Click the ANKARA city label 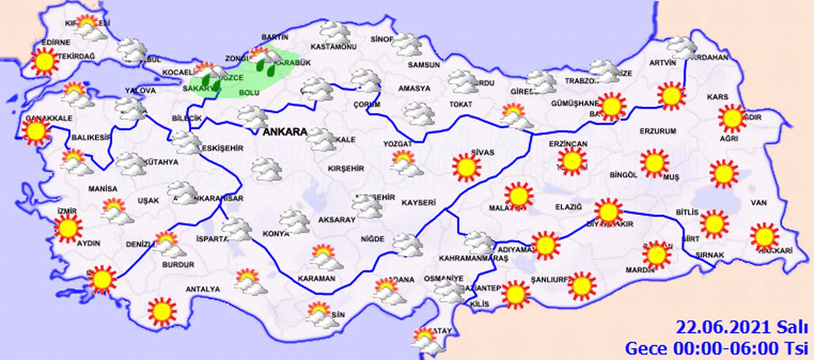pyautogui.click(x=285, y=132)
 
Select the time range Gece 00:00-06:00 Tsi pyautogui.click(x=716, y=348)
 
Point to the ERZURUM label pyautogui.click(x=658, y=131)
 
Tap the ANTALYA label pyautogui.click(x=203, y=290)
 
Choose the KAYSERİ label pyautogui.click(x=419, y=203)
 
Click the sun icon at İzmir pyautogui.click(x=68, y=229)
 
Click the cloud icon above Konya pyautogui.click(x=294, y=220)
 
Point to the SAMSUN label pyautogui.click(x=424, y=65)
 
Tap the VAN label pyautogui.click(x=758, y=203)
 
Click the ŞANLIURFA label pyautogui.click(x=550, y=280)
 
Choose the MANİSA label pyautogui.click(x=102, y=189)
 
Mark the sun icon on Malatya pyautogui.click(x=518, y=196)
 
